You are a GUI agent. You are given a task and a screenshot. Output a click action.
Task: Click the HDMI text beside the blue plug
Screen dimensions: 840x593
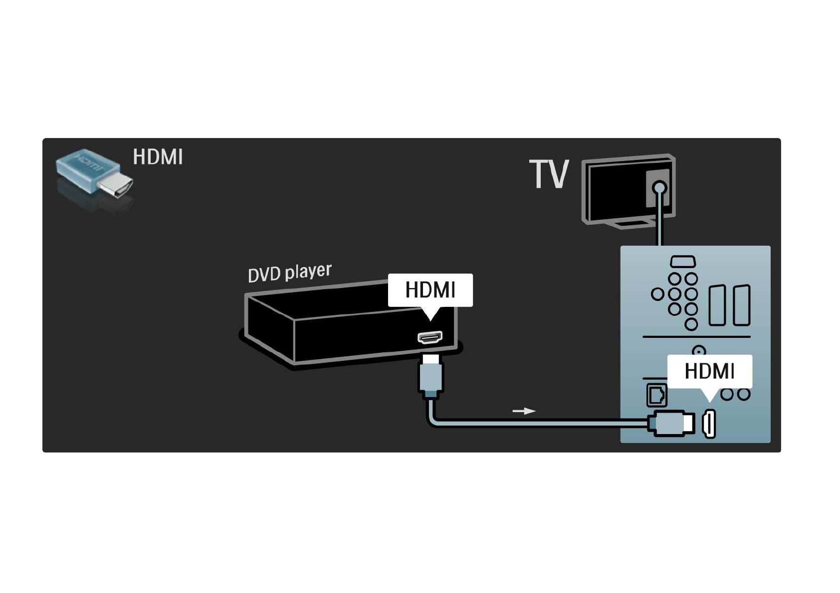coord(158,156)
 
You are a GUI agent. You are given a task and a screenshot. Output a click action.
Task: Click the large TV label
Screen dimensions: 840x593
coord(549,174)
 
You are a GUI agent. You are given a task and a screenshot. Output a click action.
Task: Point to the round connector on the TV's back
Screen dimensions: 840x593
coord(659,187)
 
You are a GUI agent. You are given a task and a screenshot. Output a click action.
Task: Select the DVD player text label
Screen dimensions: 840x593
coord(289,273)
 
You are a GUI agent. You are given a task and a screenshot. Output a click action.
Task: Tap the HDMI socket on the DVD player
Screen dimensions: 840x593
coord(430,337)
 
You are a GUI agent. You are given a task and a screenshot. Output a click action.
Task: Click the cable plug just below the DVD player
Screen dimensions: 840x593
coord(430,376)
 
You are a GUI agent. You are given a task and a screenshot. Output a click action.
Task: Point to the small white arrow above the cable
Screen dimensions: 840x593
coord(523,411)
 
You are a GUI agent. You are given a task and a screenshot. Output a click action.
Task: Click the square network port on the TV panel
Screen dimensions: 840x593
coord(656,395)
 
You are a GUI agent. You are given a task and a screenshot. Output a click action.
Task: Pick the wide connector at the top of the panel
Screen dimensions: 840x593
coord(683,262)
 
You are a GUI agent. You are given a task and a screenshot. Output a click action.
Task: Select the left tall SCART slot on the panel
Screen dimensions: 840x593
coord(717,305)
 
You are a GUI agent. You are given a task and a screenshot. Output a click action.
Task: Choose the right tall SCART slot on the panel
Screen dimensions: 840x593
coord(741,305)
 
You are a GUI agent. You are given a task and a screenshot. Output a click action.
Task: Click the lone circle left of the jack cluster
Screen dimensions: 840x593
coord(657,294)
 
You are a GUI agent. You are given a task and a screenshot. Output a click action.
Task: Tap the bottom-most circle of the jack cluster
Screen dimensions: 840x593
coord(691,324)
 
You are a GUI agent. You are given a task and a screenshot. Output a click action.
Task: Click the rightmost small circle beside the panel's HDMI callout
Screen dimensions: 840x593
coord(744,394)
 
